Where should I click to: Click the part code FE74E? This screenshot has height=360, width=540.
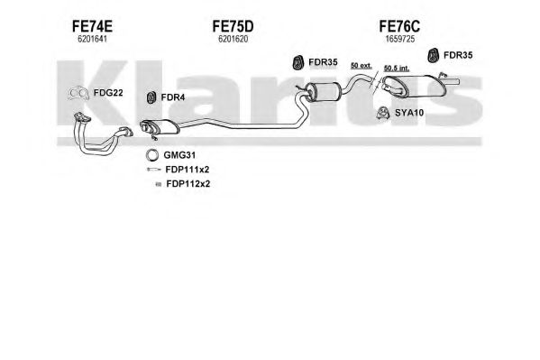pyautogui.click(x=92, y=26)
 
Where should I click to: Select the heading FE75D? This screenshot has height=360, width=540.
pyautogui.click(x=233, y=26)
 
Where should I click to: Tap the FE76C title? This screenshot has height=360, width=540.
pyautogui.click(x=399, y=26)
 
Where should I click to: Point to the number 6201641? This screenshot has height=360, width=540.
pyautogui.click(x=92, y=40)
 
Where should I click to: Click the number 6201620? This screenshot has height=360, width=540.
pyautogui.click(x=233, y=40)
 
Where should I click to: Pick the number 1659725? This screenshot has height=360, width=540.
pyautogui.click(x=400, y=40)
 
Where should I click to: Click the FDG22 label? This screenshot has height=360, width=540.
pyautogui.click(x=108, y=93)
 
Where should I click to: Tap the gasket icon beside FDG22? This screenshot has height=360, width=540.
pyautogui.click(x=78, y=93)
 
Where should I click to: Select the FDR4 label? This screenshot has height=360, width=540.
pyautogui.click(x=173, y=97)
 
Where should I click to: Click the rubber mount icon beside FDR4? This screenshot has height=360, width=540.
pyautogui.click(x=151, y=98)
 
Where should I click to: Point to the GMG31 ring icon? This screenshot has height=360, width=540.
pyautogui.click(x=151, y=155)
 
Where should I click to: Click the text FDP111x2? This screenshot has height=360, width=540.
pyautogui.click(x=188, y=170)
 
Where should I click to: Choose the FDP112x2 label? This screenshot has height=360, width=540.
pyautogui.click(x=188, y=184)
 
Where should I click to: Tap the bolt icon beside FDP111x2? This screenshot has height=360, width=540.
pyautogui.click(x=153, y=170)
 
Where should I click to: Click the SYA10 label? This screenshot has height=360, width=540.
pyautogui.click(x=409, y=113)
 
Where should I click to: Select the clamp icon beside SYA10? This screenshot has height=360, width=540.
pyautogui.click(x=382, y=113)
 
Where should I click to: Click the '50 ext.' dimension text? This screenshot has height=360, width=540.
pyautogui.click(x=362, y=65)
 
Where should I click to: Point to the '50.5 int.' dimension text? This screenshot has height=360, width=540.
pyautogui.click(x=397, y=69)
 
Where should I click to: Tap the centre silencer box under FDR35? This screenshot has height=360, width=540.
pyautogui.click(x=323, y=91)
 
